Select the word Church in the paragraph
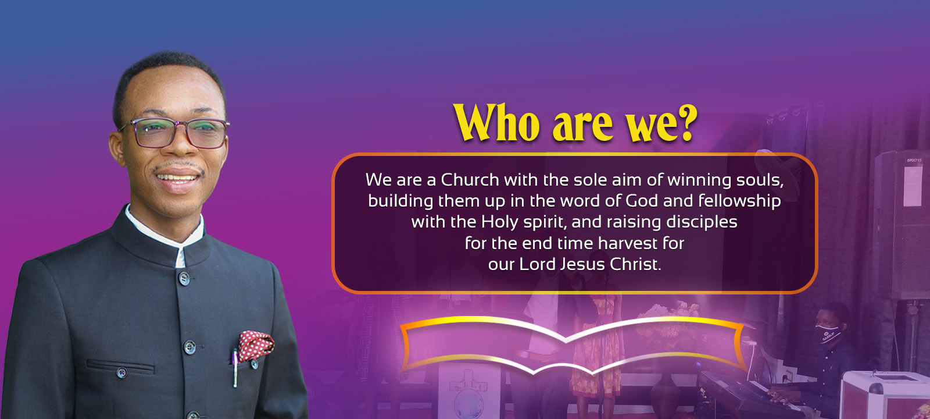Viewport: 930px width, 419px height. (x=470, y=180)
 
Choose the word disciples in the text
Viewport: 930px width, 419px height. (x=702, y=222)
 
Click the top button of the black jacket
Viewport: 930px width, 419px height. (x=184, y=278)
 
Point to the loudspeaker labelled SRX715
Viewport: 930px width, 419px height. (x=901, y=225)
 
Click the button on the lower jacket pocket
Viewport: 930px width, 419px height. (x=121, y=372)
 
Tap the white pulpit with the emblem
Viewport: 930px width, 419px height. (x=470, y=390)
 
